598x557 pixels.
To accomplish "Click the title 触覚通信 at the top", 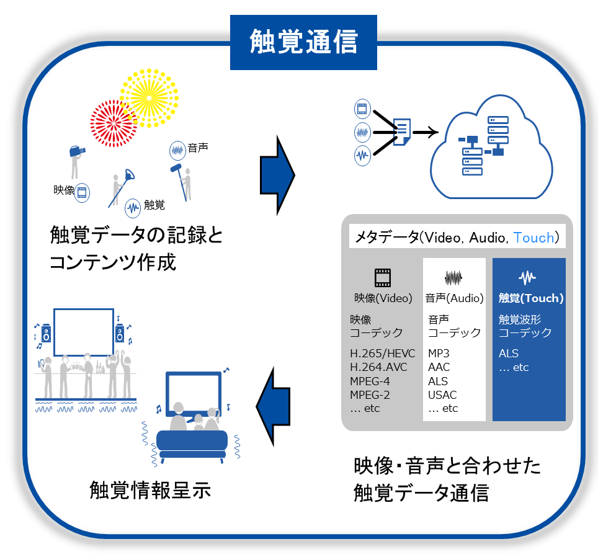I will point(303,42).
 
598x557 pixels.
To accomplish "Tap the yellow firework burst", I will point(149,97).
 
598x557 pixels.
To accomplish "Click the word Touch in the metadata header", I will point(533,238).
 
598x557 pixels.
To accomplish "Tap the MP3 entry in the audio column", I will point(439,354).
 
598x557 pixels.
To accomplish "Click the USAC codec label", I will point(442,394).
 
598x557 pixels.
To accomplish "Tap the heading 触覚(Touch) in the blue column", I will point(531,298).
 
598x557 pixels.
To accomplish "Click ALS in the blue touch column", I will point(509,354).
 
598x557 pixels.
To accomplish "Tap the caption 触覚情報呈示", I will point(151,490).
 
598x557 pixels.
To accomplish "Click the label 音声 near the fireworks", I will point(197,148).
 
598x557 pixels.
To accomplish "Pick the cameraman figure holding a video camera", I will point(76,163).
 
